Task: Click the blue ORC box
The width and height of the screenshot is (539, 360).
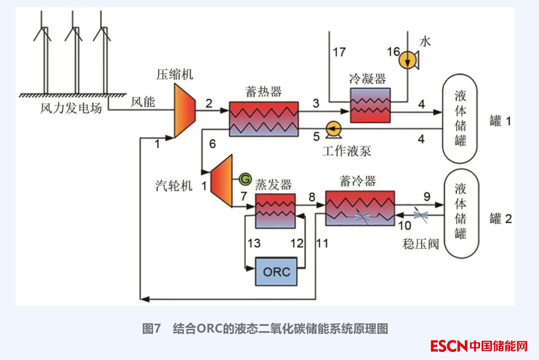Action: (x=276, y=271)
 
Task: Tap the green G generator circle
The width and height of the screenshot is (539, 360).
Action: (x=245, y=178)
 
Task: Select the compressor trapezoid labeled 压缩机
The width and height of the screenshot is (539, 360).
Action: (x=184, y=112)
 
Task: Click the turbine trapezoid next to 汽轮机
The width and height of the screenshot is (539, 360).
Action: (x=221, y=180)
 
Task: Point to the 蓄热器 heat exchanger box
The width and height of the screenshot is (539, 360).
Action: (x=264, y=119)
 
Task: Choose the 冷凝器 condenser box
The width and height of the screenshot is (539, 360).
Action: (x=370, y=105)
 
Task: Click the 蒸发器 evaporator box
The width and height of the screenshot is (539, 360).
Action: (x=275, y=211)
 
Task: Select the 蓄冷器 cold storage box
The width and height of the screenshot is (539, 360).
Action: (x=359, y=208)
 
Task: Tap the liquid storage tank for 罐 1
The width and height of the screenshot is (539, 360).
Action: (x=460, y=119)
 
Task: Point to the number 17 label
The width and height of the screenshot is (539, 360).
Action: (x=339, y=52)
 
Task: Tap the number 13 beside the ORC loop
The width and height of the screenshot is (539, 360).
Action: (x=253, y=243)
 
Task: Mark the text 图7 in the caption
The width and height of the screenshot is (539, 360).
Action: (x=151, y=329)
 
